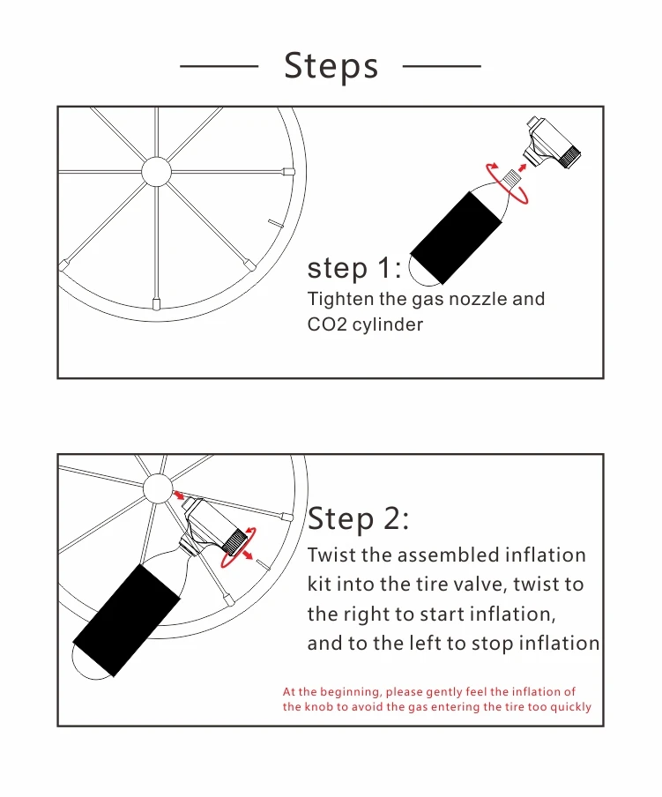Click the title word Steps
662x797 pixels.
[331, 65]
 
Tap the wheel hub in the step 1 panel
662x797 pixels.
[156, 171]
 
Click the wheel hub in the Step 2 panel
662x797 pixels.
[158, 488]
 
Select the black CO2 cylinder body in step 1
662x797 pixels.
[456, 237]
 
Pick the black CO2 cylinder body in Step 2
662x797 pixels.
[127, 620]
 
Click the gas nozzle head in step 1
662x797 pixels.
[552, 142]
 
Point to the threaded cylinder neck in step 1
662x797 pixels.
[511, 178]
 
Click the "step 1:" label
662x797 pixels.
[354, 267]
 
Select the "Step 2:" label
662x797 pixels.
[358, 519]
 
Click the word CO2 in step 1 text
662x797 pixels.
[327, 324]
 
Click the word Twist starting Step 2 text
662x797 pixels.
[331, 555]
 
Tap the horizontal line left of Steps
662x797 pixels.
[219, 65]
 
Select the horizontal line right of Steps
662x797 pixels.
[442, 65]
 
